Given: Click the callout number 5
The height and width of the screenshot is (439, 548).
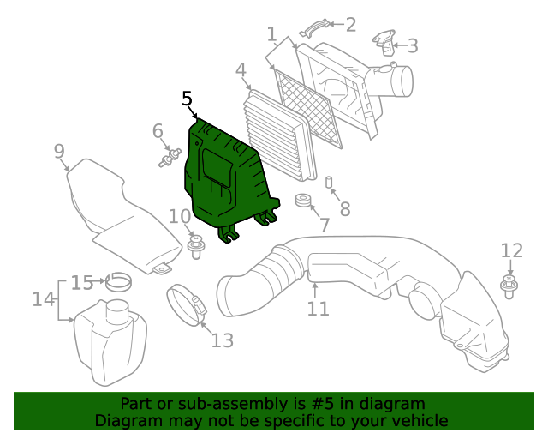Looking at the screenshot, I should (x=188, y=99).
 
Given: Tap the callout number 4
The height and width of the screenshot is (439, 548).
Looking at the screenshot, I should (x=241, y=69).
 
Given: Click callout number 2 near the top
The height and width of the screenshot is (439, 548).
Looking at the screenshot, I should (x=350, y=25).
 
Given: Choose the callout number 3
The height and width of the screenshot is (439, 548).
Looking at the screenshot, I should (x=412, y=45).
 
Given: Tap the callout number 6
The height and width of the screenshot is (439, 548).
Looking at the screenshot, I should (x=158, y=131).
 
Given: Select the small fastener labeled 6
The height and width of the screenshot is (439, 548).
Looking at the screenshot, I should (x=170, y=158).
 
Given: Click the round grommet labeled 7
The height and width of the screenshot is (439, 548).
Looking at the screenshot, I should (x=302, y=202).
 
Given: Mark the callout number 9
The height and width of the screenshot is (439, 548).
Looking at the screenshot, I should (x=59, y=153).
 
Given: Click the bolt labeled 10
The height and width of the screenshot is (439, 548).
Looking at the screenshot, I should (x=194, y=249).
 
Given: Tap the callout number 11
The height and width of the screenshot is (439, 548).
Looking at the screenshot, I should (x=318, y=308).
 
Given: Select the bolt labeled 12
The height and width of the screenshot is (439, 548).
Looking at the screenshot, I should (x=509, y=285).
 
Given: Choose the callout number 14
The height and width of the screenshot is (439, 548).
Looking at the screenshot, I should (x=43, y=299).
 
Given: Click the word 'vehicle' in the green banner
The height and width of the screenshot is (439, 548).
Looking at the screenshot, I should (x=419, y=421).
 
